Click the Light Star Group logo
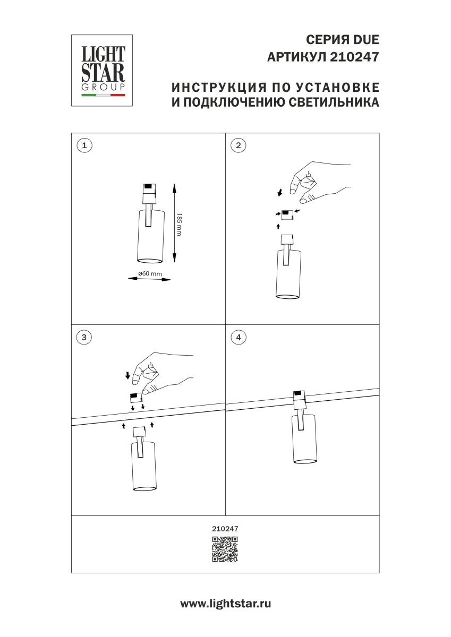pos(102,71)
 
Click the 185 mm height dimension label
pos(179,224)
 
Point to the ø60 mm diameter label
pos(150,273)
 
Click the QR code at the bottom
pos(225,549)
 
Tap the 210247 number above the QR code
pos(225,528)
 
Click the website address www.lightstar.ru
pos(225,604)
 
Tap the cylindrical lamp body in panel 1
pos(150,236)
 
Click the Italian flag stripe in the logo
pos(103,96)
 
